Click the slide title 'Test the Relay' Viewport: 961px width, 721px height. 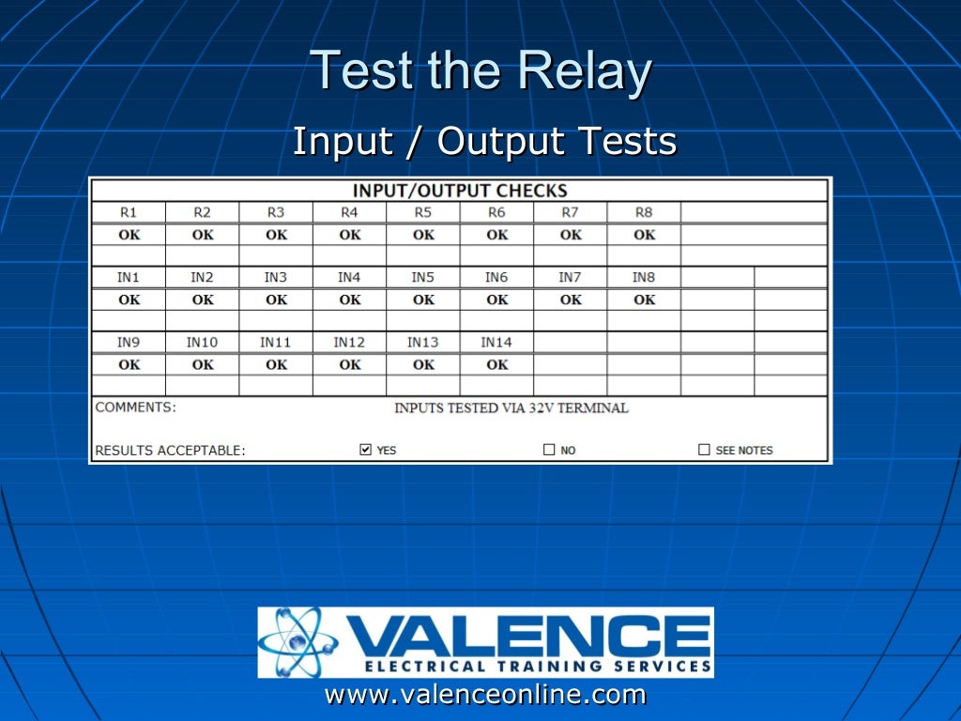[480, 72]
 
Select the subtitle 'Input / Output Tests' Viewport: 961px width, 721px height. [484, 142]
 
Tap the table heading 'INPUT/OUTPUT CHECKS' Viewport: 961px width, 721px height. [460, 191]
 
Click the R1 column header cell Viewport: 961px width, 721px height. [129, 212]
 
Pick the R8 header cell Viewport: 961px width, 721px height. [644, 212]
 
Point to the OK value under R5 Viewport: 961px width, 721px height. [423, 235]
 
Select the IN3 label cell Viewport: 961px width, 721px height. [275, 277]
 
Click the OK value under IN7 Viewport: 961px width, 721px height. [571, 299]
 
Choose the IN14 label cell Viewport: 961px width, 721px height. [496, 342]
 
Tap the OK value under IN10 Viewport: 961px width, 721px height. [203, 364]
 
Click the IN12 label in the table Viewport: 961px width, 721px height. [349, 342]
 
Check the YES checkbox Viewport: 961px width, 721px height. [366, 450]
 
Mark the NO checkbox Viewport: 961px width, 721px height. [549, 450]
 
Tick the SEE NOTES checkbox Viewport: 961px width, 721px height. [704, 450]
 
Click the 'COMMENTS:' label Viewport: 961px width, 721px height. [135, 407]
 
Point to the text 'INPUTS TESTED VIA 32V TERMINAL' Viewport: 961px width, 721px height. [511, 408]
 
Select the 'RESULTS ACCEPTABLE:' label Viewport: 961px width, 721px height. [170, 451]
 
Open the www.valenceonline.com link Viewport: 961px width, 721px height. [485, 695]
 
